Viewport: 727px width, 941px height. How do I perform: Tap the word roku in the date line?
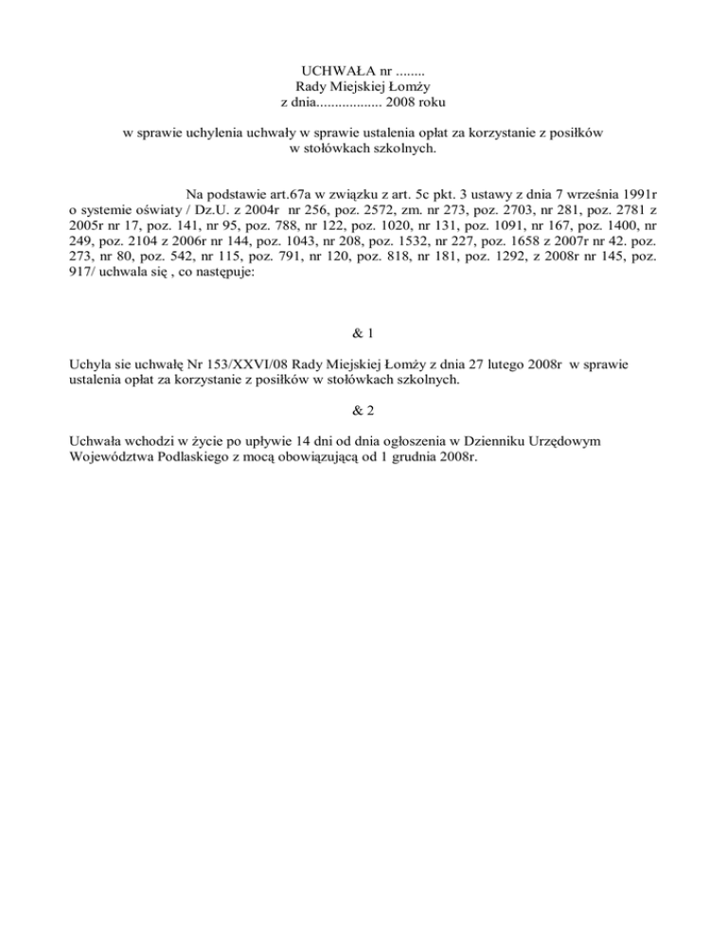click(432, 101)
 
